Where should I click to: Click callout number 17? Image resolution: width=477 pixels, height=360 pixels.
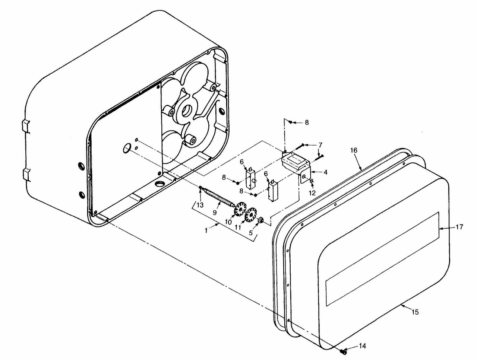(460, 227)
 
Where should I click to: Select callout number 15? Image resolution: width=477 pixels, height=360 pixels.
(416, 312)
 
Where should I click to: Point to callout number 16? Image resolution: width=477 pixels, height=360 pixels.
(354, 150)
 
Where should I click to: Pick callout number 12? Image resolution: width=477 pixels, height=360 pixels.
(312, 193)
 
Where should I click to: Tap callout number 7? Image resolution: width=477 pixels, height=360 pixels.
(320, 144)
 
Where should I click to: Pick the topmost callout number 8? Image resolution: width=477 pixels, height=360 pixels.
(307, 122)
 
